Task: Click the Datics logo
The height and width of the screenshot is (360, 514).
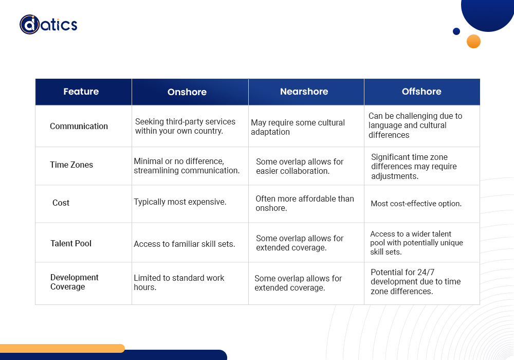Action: click(48, 24)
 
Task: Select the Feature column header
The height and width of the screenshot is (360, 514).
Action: click(81, 92)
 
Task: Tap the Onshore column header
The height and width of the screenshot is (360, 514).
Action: click(187, 92)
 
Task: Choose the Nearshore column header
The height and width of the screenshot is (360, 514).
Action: click(304, 92)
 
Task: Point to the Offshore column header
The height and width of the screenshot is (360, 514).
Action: click(421, 92)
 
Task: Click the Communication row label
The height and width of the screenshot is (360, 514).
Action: click(79, 126)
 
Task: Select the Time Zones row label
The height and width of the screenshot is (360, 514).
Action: click(71, 165)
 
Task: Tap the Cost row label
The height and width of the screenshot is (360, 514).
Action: click(61, 203)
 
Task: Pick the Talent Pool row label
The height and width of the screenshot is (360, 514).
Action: click(71, 243)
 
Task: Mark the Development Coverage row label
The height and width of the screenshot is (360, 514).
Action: click(74, 282)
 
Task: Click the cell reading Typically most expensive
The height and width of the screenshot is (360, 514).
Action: click(180, 202)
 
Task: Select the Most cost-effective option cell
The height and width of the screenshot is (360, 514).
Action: click(416, 204)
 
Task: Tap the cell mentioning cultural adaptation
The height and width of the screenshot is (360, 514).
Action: click(298, 127)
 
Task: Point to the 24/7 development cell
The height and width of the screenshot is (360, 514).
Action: click(415, 282)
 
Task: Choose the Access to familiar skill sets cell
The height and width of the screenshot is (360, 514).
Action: click(184, 244)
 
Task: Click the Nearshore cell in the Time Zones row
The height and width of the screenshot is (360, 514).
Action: click(300, 166)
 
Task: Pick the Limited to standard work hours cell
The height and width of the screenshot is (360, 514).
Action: click(179, 282)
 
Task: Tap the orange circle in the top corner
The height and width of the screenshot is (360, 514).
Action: click(473, 41)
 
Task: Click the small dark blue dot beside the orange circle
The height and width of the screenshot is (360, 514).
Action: click(456, 31)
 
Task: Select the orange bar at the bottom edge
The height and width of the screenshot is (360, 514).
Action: click(62, 348)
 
